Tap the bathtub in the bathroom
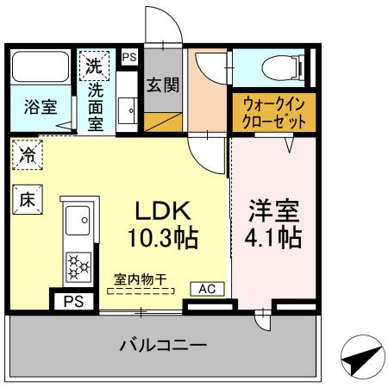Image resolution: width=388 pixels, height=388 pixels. click(x=41, y=68)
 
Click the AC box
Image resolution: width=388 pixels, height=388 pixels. click(x=208, y=289)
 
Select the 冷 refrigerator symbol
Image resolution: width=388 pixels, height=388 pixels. click(x=28, y=156)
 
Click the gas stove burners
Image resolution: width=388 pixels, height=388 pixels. click(x=78, y=265)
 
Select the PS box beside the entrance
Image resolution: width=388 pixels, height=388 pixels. click(x=129, y=57)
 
